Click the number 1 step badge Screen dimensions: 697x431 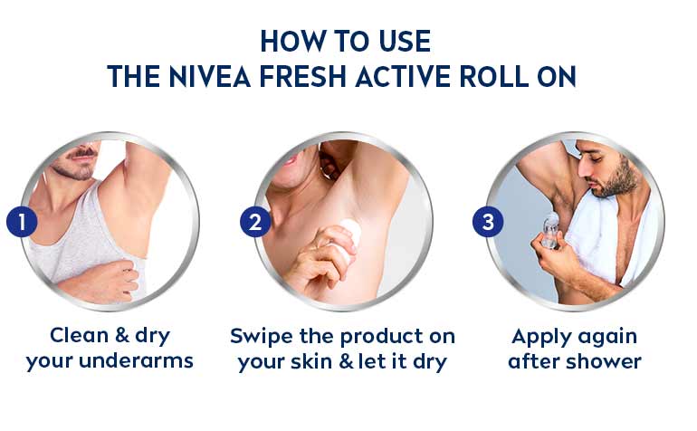pos(22,222)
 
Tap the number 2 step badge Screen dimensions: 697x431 pos(255,222)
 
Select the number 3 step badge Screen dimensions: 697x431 pos(488,222)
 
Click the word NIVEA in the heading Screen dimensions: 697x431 pos(210,76)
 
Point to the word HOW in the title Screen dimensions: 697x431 pos(293,42)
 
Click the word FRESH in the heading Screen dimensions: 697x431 pos(302,76)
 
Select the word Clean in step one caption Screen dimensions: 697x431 pos(80,335)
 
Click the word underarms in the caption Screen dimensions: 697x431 pos(136,360)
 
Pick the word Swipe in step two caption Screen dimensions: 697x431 pos(262,336)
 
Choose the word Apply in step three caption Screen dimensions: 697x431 pos(540,337)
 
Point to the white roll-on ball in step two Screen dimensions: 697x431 pos(351,231)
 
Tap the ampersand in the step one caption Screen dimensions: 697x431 pos(122,335)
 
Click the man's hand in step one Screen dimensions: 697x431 pos(117,279)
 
